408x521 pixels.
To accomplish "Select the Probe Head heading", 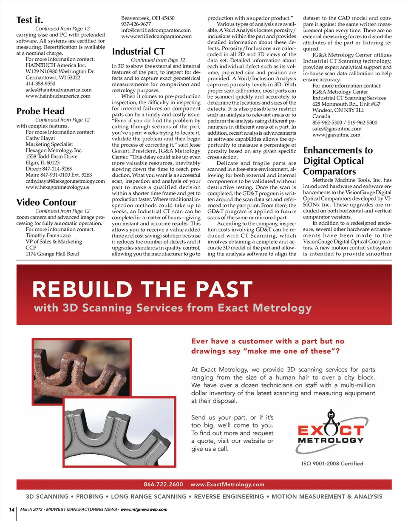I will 40,111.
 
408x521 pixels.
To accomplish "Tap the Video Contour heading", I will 46,202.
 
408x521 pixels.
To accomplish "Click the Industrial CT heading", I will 138,52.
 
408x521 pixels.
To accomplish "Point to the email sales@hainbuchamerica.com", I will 59,90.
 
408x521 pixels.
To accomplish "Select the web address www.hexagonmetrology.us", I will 57,187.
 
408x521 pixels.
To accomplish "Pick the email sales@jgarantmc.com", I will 337,129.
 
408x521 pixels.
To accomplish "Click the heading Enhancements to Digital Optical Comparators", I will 337,161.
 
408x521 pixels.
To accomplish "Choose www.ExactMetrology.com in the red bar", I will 227,484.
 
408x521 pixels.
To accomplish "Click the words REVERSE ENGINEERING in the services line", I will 229,496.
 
